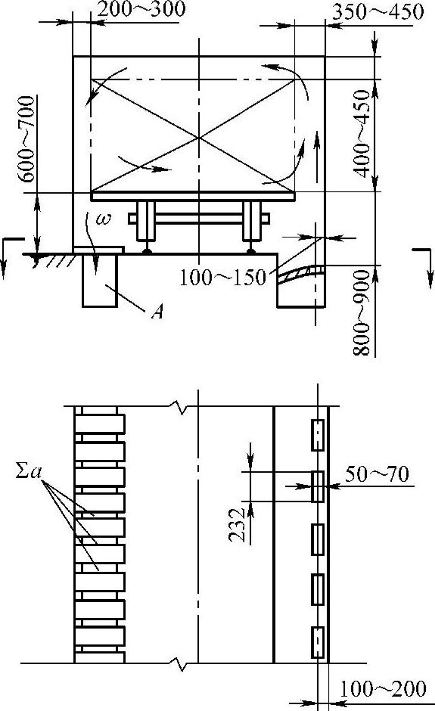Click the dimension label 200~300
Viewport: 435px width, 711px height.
point(141,10)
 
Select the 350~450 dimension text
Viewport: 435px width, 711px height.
point(378,12)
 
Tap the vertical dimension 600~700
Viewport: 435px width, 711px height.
point(28,138)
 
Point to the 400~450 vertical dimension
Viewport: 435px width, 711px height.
point(364,133)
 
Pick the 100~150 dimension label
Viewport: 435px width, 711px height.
point(222,277)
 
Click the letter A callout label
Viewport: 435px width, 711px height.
point(157,312)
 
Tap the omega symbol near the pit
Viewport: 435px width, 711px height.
point(104,220)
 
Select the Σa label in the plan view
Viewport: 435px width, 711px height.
point(29,473)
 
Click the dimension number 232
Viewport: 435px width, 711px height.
point(236,525)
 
